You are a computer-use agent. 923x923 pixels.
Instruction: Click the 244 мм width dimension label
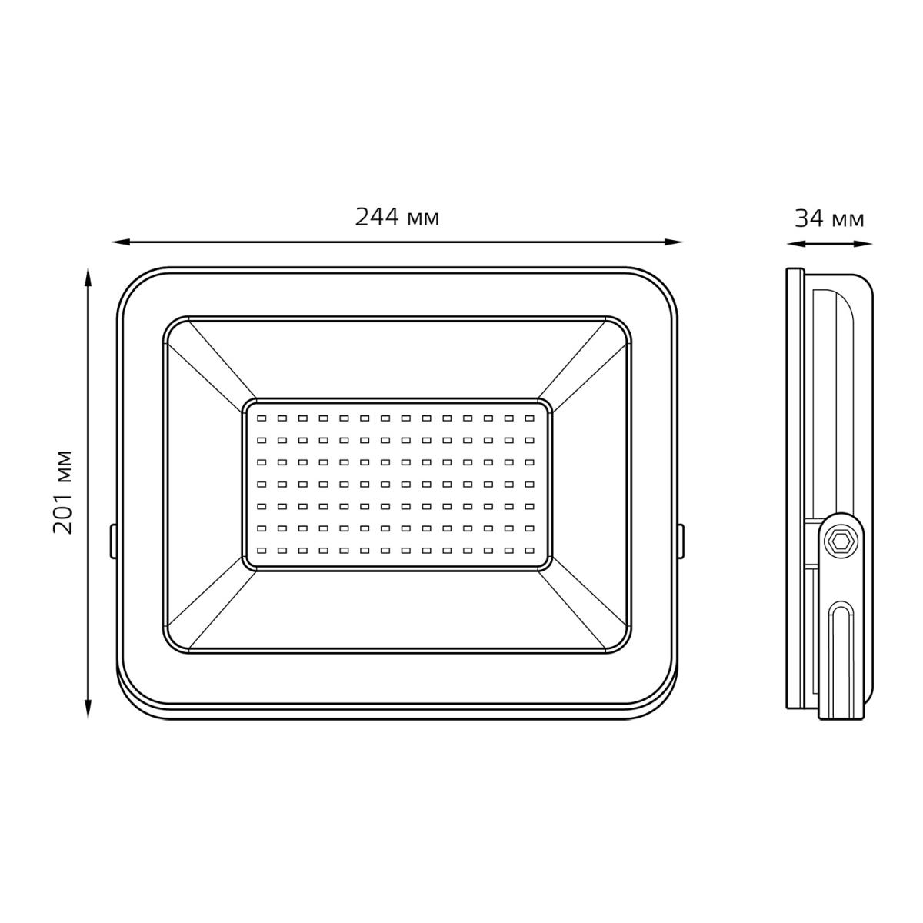coord(397,218)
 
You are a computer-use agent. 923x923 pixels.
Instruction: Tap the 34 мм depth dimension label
coord(829,219)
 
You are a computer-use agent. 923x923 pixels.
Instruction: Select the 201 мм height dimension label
coord(63,492)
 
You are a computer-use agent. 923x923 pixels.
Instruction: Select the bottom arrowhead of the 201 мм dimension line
coord(88,709)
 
